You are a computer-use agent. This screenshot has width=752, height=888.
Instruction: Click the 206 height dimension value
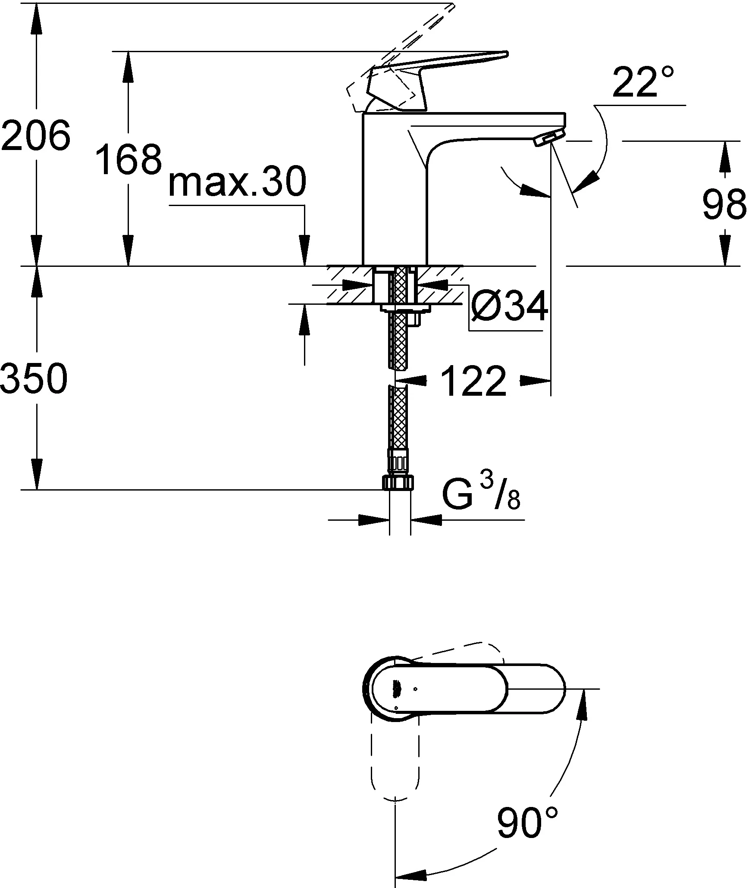35,134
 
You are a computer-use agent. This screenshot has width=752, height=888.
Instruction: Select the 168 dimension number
128,159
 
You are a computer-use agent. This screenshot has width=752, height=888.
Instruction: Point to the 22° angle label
642,82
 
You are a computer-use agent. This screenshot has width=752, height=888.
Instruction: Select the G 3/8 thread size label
481,496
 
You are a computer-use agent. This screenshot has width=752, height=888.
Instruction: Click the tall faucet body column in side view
395,190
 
